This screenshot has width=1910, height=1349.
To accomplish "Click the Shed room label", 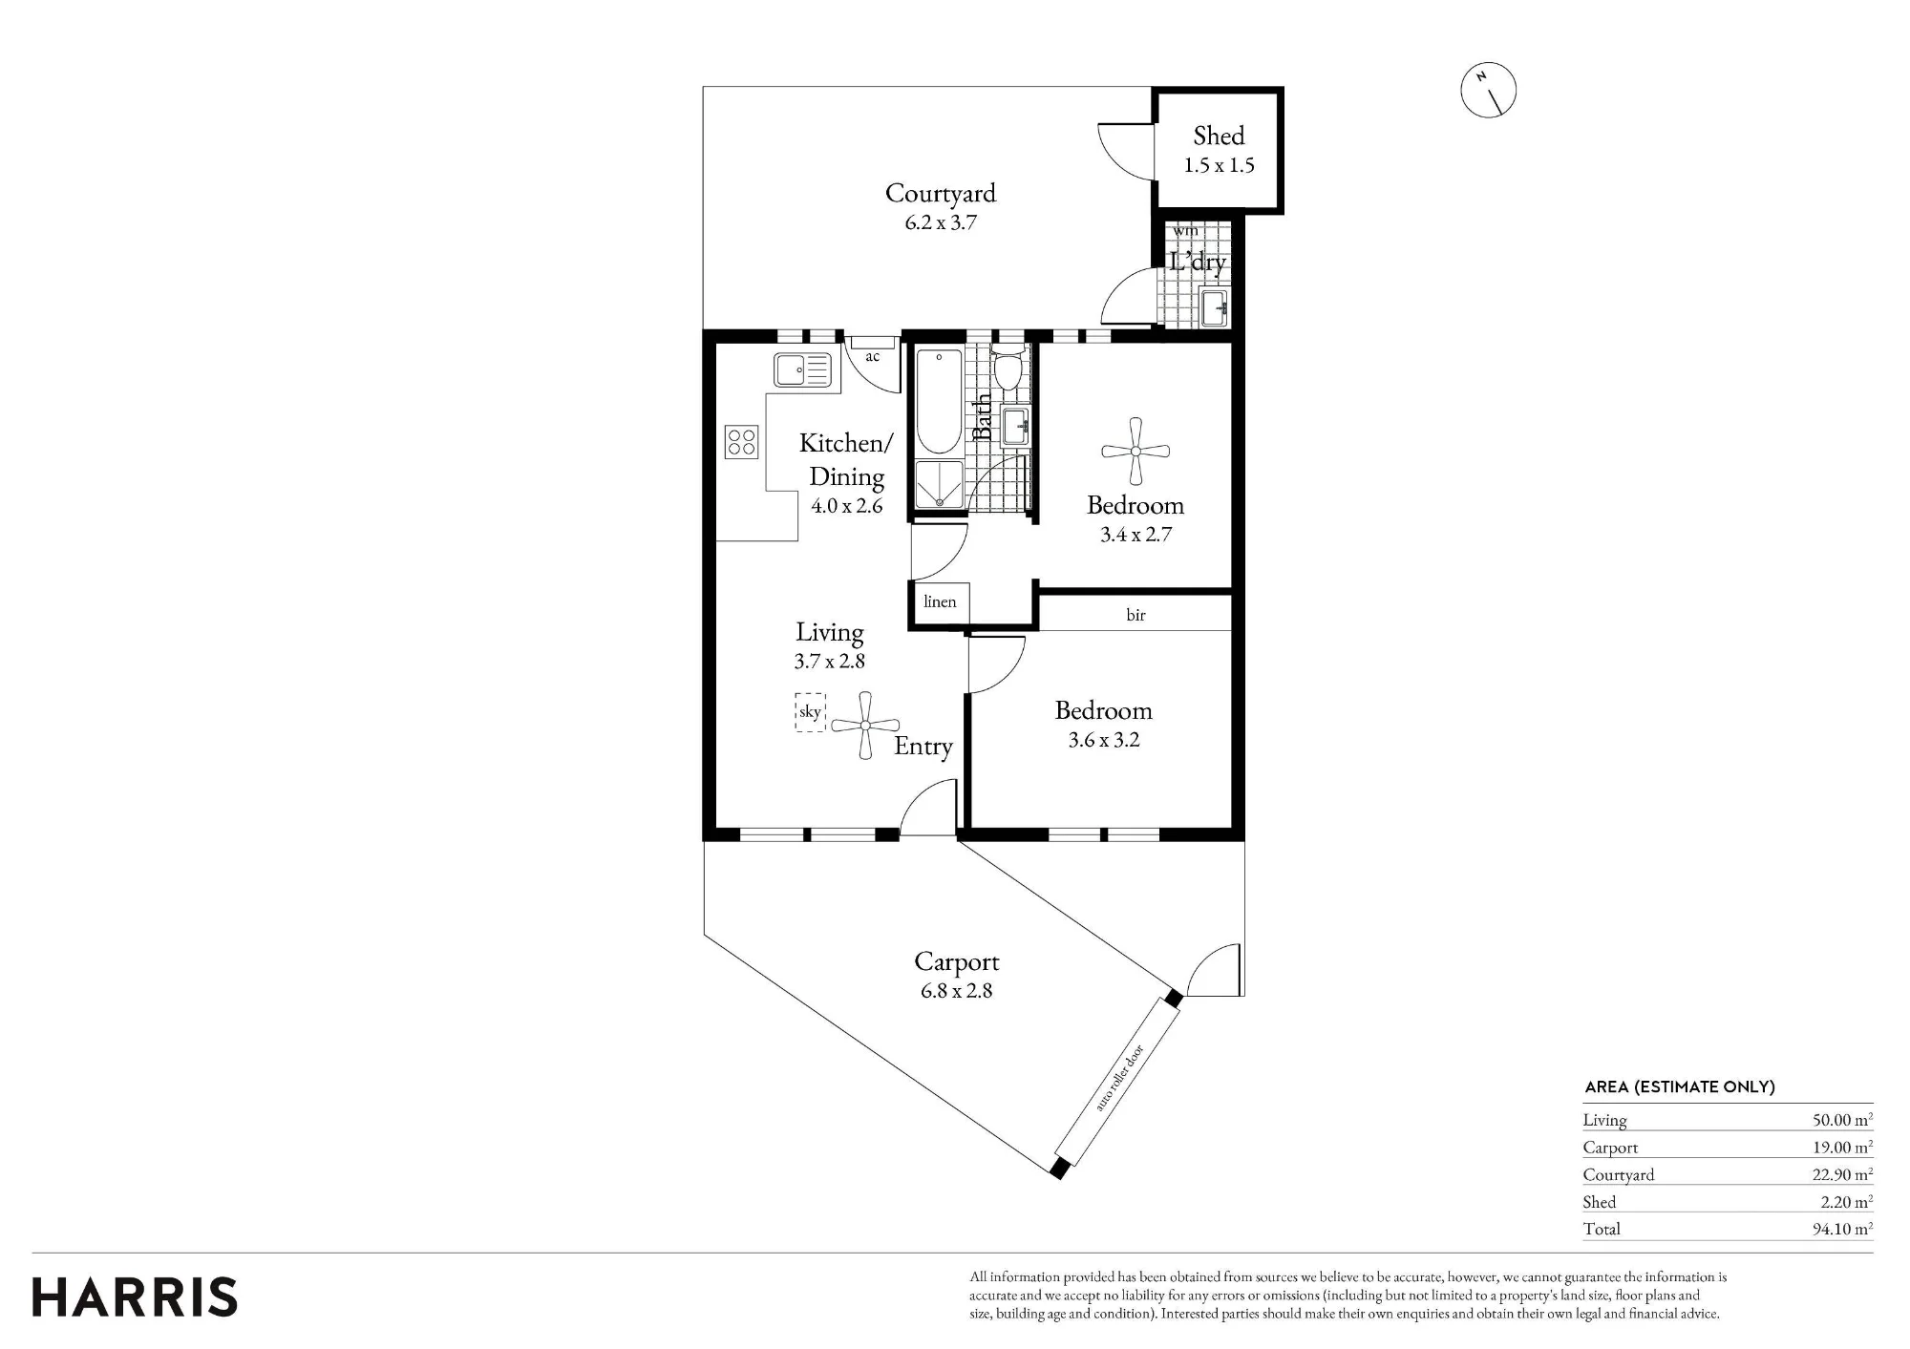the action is tap(1219, 136).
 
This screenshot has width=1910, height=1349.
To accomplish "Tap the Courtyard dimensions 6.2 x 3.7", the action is tap(941, 222).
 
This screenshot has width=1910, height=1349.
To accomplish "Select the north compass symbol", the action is tap(1489, 91).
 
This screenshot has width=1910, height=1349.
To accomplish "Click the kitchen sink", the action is tap(803, 369).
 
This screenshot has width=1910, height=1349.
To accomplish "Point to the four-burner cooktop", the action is tap(741, 441).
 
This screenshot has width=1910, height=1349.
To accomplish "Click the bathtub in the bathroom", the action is tap(939, 401).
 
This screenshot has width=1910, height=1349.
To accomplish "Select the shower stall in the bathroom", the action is tap(940, 485).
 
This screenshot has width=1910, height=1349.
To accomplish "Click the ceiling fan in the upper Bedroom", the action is tap(1135, 452).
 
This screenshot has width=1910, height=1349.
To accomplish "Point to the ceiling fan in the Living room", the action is tap(865, 726).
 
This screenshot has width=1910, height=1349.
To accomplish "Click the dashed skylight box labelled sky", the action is tap(810, 712).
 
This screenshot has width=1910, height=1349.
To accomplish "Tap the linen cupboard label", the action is tap(940, 601).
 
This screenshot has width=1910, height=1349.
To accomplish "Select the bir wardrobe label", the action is tap(1135, 615).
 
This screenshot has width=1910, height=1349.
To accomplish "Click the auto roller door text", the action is tap(1119, 1078).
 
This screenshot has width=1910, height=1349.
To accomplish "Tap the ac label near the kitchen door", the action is tap(872, 357).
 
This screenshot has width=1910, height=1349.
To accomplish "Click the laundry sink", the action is tap(1214, 308).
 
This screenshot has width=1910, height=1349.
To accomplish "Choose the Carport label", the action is tap(957, 962).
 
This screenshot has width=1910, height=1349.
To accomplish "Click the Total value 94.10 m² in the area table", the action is tap(1842, 1229).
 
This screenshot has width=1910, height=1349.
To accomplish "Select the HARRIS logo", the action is tap(135, 1297).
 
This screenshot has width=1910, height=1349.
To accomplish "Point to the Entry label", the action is tap(923, 747).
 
